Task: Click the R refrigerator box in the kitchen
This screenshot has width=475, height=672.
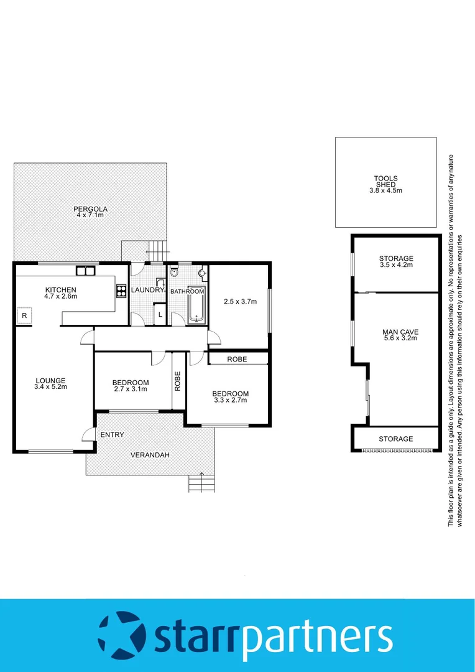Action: [x=24, y=315]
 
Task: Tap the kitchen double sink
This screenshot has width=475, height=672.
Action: [x=85, y=271]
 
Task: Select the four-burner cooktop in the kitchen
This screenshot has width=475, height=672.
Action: [x=121, y=291]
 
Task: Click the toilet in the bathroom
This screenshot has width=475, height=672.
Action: [x=174, y=272]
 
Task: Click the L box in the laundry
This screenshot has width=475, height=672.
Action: [x=160, y=314]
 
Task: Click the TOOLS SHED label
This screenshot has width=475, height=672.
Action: [x=385, y=182]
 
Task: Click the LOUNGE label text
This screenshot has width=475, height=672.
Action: [x=50, y=381]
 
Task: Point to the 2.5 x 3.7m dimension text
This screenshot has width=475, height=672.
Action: [x=239, y=302]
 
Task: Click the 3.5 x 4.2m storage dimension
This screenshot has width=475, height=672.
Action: [x=396, y=265]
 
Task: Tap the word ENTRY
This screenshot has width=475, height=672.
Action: [x=112, y=434]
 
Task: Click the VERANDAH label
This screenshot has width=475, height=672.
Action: [x=150, y=455]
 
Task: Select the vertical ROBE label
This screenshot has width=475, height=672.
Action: [x=178, y=381]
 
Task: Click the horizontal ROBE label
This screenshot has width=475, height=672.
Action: [x=237, y=359]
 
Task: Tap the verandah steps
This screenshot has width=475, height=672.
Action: [x=201, y=483]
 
